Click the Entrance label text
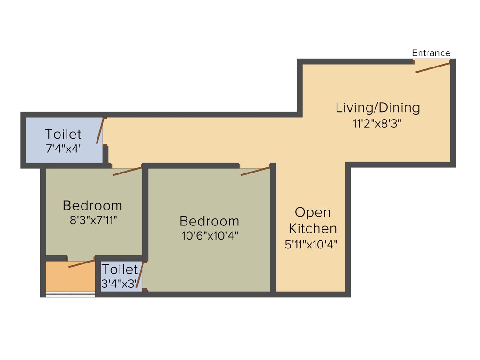click(x=431, y=53)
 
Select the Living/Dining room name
click(x=377, y=108)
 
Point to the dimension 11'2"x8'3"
click(x=377, y=124)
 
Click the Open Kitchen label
click(x=312, y=220)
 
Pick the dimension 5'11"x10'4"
click(x=311, y=244)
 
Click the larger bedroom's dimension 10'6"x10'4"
click(x=210, y=236)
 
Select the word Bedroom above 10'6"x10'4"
click(x=209, y=221)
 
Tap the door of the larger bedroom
click(x=255, y=171)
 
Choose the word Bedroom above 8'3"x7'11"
click(x=92, y=206)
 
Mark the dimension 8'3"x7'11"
click(x=92, y=220)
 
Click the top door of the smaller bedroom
click(x=127, y=171)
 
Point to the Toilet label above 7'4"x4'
click(x=63, y=135)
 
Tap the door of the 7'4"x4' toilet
click(x=100, y=131)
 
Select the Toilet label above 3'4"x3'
click(x=120, y=270)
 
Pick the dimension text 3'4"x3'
click(x=119, y=284)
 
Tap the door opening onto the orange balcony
click(x=82, y=263)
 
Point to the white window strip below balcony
click(x=70, y=294)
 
